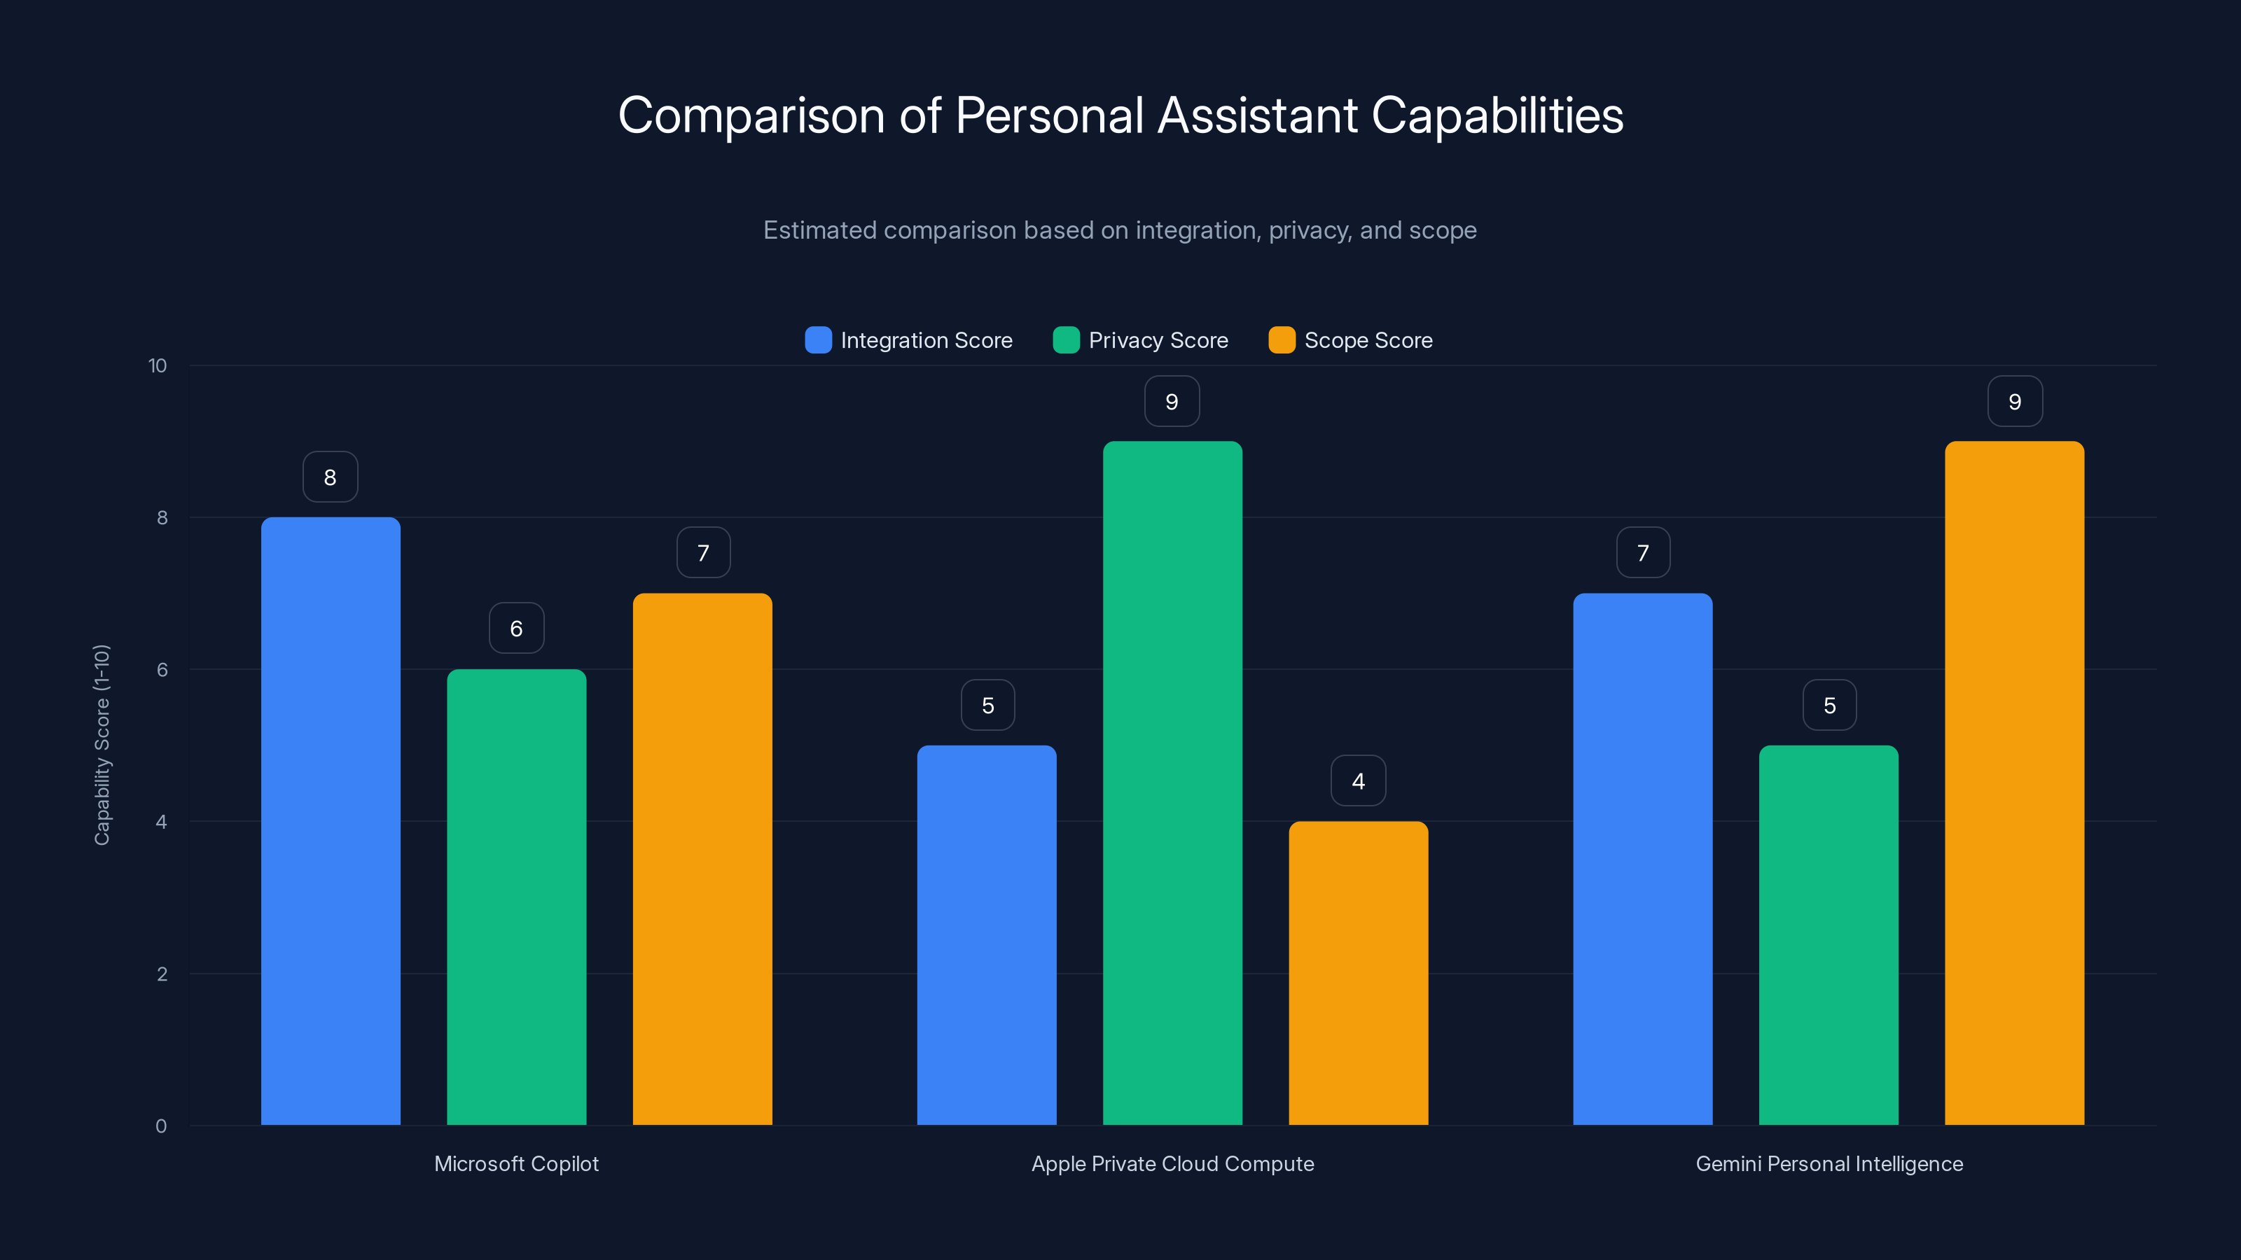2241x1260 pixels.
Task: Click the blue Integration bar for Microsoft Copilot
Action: tap(331, 821)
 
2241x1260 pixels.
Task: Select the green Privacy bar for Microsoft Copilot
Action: tap(516, 897)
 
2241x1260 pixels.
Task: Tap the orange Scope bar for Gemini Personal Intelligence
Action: tap(2014, 783)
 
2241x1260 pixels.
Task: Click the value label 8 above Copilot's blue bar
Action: tap(330, 477)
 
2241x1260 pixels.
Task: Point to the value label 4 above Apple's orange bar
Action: tap(1358, 781)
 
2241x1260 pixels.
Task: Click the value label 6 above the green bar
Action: tap(516, 628)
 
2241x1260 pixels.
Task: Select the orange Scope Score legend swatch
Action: tap(1282, 340)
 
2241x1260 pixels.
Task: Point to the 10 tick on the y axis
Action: tap(158, 365)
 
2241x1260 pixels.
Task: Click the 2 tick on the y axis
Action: tap(162, 974)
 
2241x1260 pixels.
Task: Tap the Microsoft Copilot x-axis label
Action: tap(516, 1163)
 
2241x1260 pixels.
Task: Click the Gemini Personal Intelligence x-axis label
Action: tap(1829, 1163)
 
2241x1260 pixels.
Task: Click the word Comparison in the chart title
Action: tap(751, 115)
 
